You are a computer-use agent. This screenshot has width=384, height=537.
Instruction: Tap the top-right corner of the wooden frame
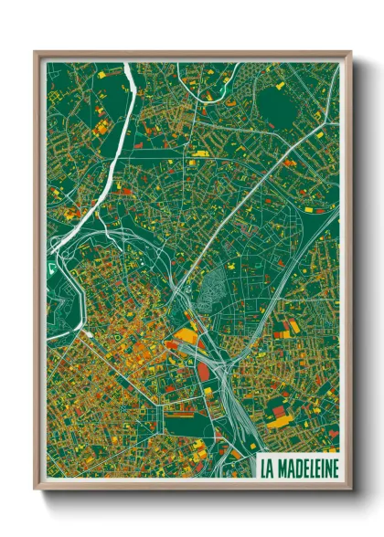click(350, 53)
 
